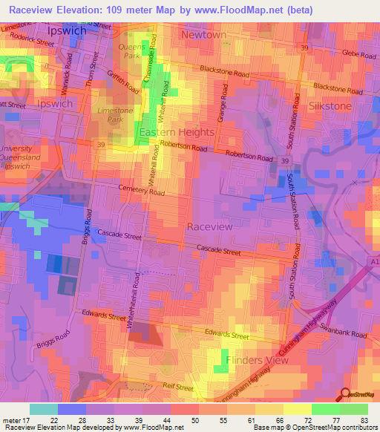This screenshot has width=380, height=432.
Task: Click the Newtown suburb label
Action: coord(204,35)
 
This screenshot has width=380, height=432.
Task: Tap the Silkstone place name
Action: coord(330,106)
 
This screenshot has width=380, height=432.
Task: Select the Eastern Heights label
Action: coord(176,132)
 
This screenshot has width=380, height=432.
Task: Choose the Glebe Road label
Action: coord(360,53)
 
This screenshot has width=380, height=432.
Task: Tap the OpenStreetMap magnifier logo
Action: coord(344,396)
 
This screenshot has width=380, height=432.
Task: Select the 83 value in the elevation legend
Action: coord(362,419)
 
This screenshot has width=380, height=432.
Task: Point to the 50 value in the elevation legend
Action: coord(195,419)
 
